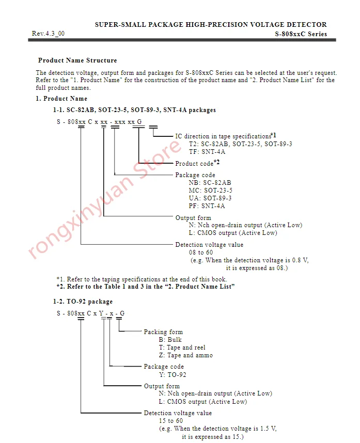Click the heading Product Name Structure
pos(77,60)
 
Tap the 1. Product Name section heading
pos(61,99)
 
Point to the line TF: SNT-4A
pos(207,152)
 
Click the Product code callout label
pos(194,164)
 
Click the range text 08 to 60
pos(201,252)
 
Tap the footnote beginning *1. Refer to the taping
pos(142,279)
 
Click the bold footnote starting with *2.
pos(146,287)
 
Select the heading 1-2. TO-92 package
pos(83,302)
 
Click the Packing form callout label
pos(163,332)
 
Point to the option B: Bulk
pos(170,340)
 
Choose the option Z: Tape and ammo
pos(186,355)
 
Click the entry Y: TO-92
pos(173,375)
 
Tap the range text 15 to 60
pos(170,421)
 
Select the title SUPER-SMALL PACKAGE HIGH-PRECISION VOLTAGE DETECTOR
pos(211,24)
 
